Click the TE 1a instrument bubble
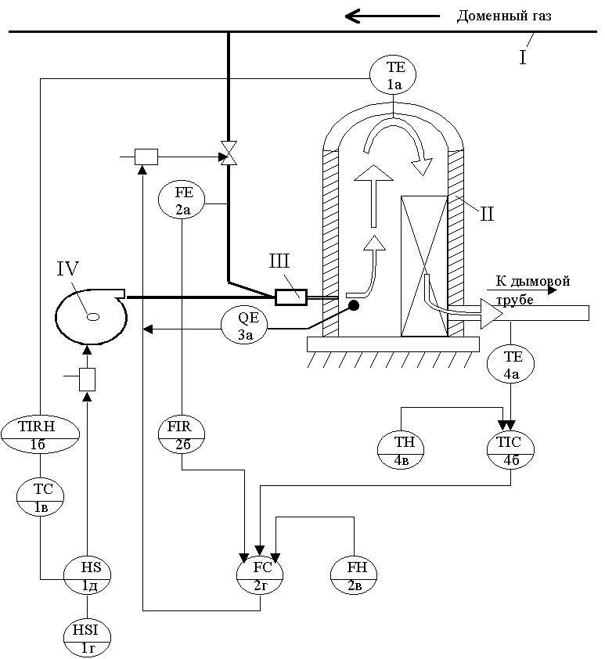pyautogui.click(x=391, y=77)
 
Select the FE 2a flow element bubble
pyautogui.click(x=182, y=200)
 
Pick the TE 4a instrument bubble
pyautogui.click(x=511, y=366)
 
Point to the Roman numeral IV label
pyautogui.click(x=69, y=272)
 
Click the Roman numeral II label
pyautogui.click(x=487, y=213)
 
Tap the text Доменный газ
pyautogui.click(x=505, y=16)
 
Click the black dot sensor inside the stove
pyautogui.click(x=354, y=305)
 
